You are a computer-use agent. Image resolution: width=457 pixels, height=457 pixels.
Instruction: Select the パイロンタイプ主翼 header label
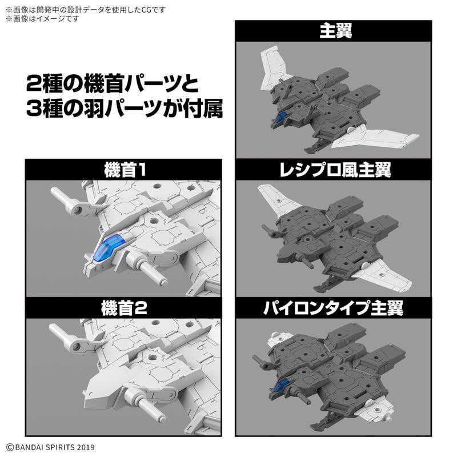pyautogui.click(x=335, y=308)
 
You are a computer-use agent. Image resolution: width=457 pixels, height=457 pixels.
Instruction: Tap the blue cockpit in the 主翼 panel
pyautogui.click(x=281, y=117)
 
